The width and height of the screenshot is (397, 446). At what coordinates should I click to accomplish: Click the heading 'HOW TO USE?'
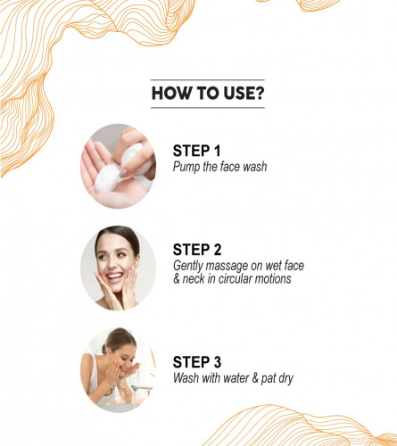[x=208, y=94]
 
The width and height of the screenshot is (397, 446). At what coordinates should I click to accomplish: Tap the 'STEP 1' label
[x=196, y=151]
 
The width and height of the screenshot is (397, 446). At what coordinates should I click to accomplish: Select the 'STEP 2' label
[x=197, y=250]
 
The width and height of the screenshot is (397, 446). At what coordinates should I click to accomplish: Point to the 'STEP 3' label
[x=197, y=362]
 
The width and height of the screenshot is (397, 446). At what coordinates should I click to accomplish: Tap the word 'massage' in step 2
[x=227, y=267]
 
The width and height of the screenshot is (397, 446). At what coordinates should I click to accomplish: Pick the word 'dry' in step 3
[x=285, y=379]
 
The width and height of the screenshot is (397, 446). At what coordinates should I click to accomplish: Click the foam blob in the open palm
[x=106, y=178]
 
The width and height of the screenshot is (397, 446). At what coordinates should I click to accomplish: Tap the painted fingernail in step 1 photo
[x=123, y=173]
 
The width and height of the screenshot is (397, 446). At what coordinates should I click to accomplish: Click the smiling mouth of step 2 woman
[x=115, y=277]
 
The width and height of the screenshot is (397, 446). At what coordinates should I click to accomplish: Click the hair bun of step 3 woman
[x=104, y=349]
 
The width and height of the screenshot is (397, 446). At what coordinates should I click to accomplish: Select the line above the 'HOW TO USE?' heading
[x=208, y=80]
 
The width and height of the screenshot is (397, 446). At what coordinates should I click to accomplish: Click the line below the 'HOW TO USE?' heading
[x=208, y=108]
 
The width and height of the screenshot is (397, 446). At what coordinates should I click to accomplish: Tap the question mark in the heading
[x=259, y=94]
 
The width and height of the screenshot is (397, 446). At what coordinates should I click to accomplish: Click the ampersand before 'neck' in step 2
[x=177, y=279]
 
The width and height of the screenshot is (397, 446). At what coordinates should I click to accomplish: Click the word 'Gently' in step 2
[x=188, y=267]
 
